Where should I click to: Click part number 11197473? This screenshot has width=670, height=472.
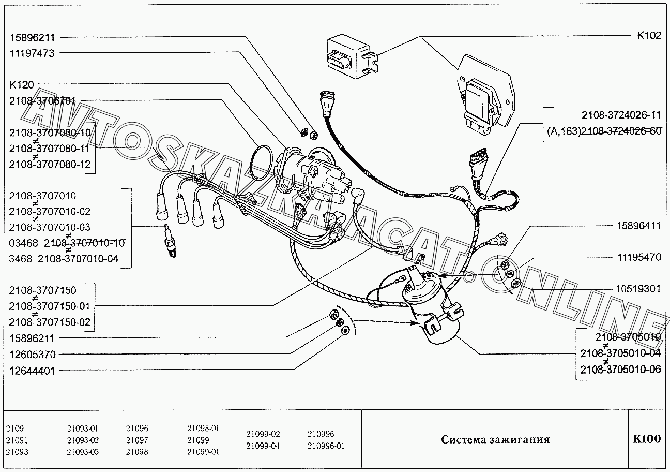[x=32, y=53]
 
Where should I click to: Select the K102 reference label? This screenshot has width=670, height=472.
[x=649, y=35]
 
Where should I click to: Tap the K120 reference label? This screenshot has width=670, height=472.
[x=22, y=85]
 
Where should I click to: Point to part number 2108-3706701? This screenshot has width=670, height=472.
[x=42, y=101]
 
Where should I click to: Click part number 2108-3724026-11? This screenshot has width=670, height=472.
[x=621, y=115]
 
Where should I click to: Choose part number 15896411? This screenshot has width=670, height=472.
[x=639, y=226]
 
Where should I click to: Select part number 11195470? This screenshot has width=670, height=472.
[x=639, y=257]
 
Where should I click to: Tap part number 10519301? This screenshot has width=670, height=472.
[x=638, y=289]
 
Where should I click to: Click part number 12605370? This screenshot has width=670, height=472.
[x=33, y=355]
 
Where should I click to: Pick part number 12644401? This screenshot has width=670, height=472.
[x=32, y=371]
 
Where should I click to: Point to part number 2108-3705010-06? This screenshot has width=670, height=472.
[x=620, y=370]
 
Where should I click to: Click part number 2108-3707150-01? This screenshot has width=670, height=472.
[x=49, y=306]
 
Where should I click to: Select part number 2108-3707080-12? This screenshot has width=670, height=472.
[x=50, y=165]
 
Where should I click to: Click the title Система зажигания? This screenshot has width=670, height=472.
[x=495, y=440]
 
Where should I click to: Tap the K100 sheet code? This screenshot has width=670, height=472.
[x=647, y=439]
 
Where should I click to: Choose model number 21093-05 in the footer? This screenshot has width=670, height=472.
[x=83, y=452]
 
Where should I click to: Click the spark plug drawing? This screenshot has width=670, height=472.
[x=171, y=241]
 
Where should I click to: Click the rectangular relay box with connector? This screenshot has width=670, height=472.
[x=352, y=57]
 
